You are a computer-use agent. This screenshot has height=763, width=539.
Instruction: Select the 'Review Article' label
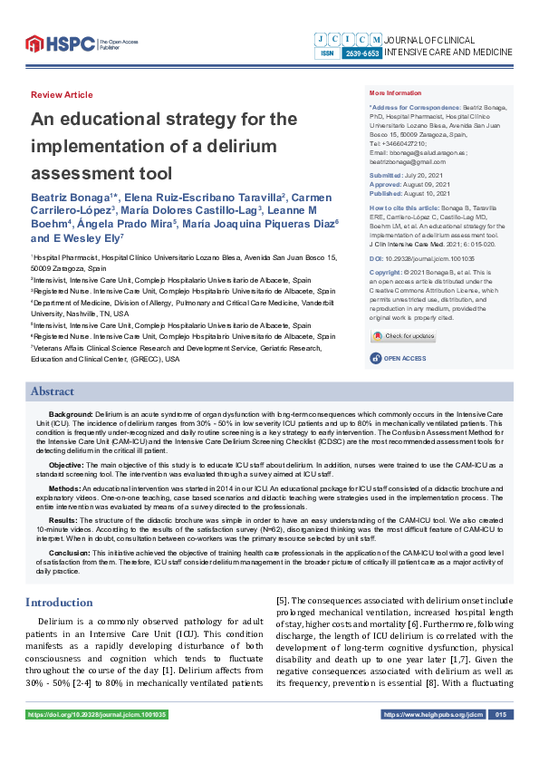coord(62,95)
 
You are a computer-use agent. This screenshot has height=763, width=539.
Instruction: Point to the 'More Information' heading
coord(397,94)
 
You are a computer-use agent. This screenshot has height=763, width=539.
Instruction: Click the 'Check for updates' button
coord(403,336)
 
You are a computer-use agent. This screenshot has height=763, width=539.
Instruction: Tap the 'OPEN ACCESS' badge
coord(399,359)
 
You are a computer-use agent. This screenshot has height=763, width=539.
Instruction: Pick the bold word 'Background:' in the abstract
coord(71,413)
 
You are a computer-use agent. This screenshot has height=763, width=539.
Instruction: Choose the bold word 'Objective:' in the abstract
coord(66,464)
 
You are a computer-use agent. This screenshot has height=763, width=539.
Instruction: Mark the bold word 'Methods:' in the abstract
coord(63,487)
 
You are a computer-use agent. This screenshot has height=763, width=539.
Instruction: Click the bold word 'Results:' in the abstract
coord(63,519)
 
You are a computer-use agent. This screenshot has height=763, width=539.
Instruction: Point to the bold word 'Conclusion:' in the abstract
coord(69,552)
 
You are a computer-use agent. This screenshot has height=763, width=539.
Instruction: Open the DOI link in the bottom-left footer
coord(97,715)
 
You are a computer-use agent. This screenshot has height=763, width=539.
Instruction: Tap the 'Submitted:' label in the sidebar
coord(387,174)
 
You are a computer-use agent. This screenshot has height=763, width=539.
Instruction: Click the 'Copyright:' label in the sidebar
coord(387,271)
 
